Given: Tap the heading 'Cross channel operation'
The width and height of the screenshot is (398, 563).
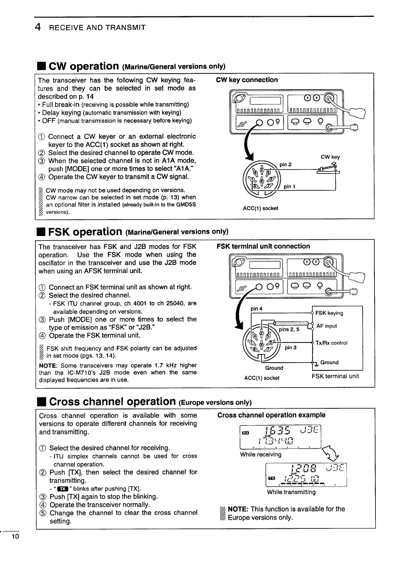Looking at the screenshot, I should [x=112, y=401].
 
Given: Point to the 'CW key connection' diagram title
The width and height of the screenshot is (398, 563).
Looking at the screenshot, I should [x=247, y=80].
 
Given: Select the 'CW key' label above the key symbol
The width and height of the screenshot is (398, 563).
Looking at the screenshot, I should [x=330, y=157].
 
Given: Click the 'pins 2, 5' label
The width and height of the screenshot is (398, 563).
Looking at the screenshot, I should [x=289, y=329].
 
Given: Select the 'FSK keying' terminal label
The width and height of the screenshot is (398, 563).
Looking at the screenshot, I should [x=329, y=313].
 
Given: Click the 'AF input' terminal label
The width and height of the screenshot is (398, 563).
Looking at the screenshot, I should [x=327, y=326].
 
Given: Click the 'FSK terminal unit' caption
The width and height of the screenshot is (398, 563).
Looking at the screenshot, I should [x=335, y=377].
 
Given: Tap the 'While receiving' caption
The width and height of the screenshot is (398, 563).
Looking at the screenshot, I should [x=261, y=454].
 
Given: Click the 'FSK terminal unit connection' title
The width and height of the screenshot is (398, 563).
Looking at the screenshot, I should [x=263, y=246].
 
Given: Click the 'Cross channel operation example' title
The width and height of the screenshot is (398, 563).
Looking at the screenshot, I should [x=271, y=415].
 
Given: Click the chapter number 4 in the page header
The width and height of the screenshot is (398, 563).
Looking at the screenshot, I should [x=37, y=27].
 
